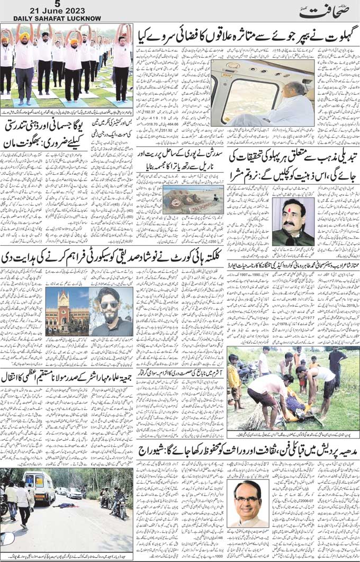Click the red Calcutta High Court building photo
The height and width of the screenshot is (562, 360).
(x=67, y=312)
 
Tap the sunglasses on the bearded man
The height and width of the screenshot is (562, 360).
(x=110, y=305)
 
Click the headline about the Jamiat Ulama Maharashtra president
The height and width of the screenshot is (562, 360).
(x=67, y=378)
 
